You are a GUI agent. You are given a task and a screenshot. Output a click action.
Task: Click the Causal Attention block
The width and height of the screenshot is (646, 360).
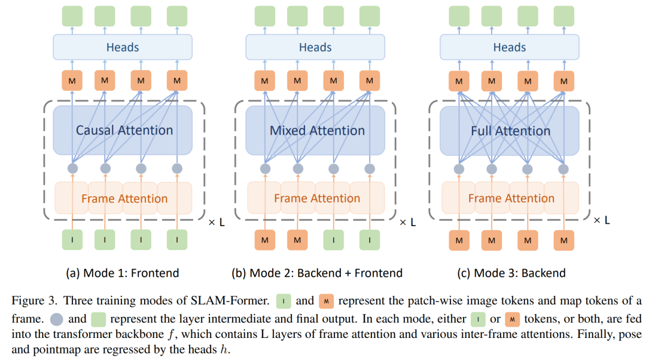tap(123, 130)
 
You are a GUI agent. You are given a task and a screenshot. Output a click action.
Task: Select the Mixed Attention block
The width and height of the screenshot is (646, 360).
tap(315, 130)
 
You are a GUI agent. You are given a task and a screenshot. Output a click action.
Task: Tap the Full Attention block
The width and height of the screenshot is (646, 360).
tap(510, 131)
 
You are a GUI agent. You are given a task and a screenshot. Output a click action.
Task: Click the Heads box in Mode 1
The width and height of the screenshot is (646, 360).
tap(123, 47)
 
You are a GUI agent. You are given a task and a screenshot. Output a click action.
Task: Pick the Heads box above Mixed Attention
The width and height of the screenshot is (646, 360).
tap(315, 47)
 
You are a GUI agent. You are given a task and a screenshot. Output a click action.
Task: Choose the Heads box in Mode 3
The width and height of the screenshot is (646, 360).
tap(510, 47)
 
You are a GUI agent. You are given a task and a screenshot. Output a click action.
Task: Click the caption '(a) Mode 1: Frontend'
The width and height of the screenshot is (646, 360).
tap(123, 273)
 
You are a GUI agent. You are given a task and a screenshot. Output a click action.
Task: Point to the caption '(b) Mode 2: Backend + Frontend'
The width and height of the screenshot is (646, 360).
tap(317, 273)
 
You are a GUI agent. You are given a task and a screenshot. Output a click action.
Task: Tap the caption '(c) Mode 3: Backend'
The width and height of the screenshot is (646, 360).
tap(511, 273)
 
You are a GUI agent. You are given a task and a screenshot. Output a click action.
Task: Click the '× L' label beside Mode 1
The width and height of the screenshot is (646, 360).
tap(217, 222)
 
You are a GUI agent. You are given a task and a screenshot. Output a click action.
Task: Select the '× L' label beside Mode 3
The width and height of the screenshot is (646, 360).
tap(602, 221)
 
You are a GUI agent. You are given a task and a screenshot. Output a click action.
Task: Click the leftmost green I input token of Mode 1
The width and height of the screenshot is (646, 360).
tap(72, 240)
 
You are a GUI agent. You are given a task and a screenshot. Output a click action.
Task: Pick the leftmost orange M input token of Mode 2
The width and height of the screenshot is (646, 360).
tap(265, 240)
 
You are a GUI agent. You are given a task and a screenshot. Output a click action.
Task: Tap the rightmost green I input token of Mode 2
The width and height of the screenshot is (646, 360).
tap(370, 240)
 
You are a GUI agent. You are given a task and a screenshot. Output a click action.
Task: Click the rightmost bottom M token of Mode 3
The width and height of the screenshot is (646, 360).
tap(563, 240)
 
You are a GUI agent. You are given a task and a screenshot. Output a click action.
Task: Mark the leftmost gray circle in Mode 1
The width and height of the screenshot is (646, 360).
tap(72, 169)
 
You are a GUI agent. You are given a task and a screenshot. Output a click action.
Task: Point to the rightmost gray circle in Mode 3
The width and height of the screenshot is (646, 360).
tap(563, 169)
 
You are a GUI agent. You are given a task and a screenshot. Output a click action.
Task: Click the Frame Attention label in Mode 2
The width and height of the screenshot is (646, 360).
tap(317, 198)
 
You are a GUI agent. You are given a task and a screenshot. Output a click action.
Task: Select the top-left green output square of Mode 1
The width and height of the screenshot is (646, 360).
tap(72, 16)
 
